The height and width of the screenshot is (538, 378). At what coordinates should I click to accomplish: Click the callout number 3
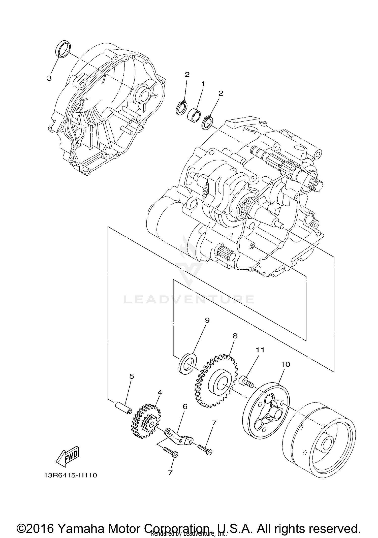pyautogui.click(x=49, y=78)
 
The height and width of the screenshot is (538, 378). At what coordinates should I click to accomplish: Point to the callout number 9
pyautogui.click(x=207, y=321)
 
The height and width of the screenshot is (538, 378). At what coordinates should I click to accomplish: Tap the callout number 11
pyautogui.click(x=261, y=350)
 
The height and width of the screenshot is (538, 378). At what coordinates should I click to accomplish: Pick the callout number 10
pyautogui.click(x=286, y=364)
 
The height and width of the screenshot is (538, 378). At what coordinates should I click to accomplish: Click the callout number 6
pyautogui.click(x=185, y=406)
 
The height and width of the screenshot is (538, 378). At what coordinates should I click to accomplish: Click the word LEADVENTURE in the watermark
pyautogui.click(x=189, y=300)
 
